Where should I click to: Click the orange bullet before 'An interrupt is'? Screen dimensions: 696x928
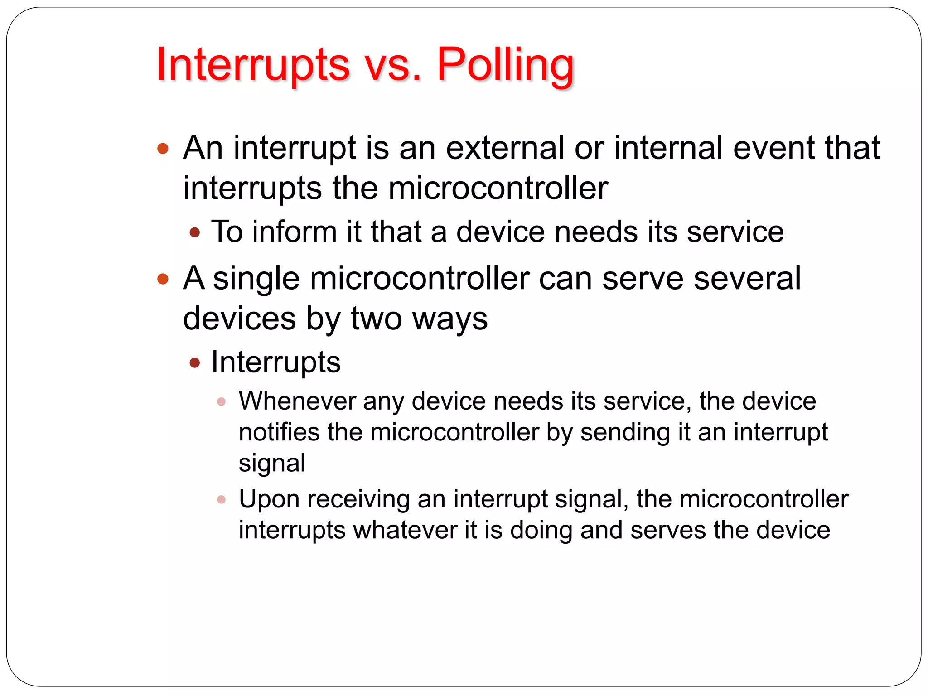tap(163, 149)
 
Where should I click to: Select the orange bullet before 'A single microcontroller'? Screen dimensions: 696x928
tap(163, 279)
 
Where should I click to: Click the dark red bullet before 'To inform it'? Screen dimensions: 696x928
tap(195, 233)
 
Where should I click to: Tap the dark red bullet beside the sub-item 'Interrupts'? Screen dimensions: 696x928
tap(195, 362)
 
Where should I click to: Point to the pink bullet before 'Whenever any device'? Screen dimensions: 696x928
tap(221, 401)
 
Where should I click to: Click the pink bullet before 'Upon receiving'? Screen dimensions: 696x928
tap(221, 499)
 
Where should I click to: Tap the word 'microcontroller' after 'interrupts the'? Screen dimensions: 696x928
tap(498, 188)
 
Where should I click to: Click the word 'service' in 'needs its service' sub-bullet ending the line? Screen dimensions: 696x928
tap(735, 232)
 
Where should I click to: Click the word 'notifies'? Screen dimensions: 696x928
tap(278, 432)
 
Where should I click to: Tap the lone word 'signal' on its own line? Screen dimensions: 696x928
tap(272, 463)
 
